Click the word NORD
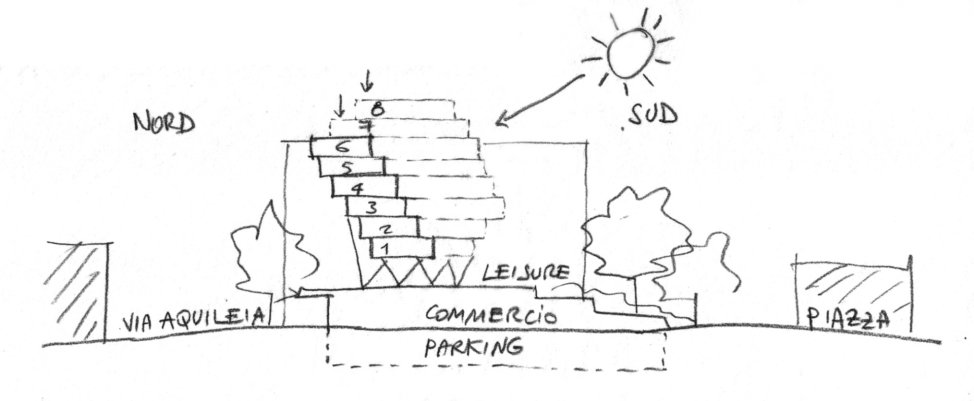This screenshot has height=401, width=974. pos(163,123)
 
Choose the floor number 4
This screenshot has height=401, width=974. pos(358,189)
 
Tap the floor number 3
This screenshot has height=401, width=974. pos(372,208)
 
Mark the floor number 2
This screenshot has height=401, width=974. pos(386,229)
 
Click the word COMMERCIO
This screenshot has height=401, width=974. pos(491,316)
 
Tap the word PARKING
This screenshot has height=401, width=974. pos(473,348)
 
